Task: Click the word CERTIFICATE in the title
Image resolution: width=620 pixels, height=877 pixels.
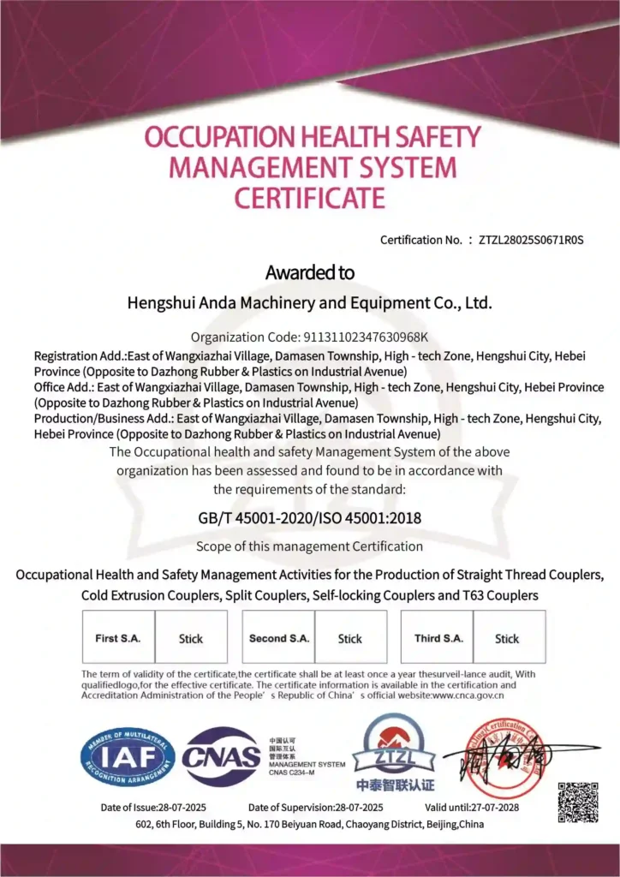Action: [x=310, y=199]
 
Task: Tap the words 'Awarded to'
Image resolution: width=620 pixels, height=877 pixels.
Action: [x=310, y=273]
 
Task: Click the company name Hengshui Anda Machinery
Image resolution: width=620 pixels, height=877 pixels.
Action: [x=310, y=302]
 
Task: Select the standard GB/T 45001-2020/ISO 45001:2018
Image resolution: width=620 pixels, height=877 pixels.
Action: [x=310, y=518]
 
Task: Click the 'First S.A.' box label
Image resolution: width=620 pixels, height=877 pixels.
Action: [x=118, y=638]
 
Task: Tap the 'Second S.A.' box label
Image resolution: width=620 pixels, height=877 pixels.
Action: [x=279, y=638]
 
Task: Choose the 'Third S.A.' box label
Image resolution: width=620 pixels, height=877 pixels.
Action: [x=438, y=638]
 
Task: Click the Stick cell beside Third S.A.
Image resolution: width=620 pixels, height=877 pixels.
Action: [x=507, y=638]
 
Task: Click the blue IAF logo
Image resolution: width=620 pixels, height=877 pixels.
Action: [x=128, y=757]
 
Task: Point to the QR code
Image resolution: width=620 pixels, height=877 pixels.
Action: [x=578, y=803]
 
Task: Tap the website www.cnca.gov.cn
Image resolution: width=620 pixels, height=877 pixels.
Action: [x=468, y=695]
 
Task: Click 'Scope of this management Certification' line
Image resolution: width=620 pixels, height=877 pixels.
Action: [x=310, y=546]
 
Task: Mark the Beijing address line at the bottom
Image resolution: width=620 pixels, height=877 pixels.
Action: [x=310, y=824]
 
